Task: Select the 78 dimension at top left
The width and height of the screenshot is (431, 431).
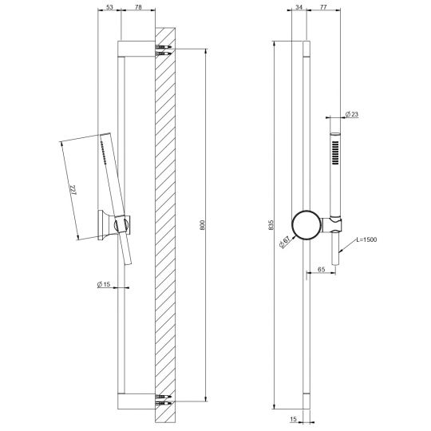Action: click(139, 7)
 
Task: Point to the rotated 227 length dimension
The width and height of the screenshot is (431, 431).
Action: click(74, 191)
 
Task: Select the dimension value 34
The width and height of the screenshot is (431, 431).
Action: click(299, 7)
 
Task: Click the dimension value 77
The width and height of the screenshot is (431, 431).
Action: click(325, 7)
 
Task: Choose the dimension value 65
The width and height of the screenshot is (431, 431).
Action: click(319, 271)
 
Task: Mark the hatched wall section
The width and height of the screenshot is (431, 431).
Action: click(166, 223)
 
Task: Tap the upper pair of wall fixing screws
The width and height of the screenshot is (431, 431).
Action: click(164, 52)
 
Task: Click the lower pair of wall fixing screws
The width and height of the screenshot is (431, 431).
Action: click(164, 400)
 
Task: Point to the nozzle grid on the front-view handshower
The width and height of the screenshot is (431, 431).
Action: click(335, 151)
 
